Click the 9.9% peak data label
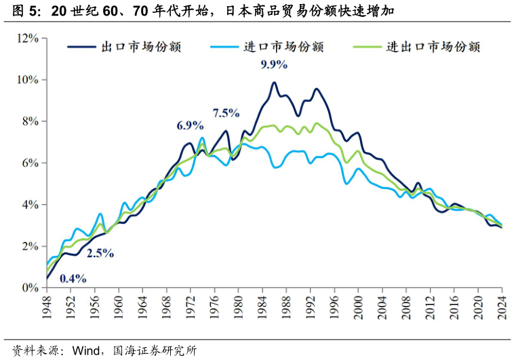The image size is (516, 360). coord(274,65)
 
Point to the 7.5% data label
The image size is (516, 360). coord(226,113)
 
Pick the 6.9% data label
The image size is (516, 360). coord(190,125)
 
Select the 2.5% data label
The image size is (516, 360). coord(100,254)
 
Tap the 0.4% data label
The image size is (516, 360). coord(73,278)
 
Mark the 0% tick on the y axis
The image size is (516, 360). coord(30,288)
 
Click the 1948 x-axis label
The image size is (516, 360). coord(47,306)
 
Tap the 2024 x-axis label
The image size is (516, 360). coord(502,306)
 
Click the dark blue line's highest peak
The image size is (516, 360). coord(274,83)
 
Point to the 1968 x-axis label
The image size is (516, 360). coord(167,306)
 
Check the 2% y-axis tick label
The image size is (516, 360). coord(30,247)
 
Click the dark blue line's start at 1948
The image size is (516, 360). coord(47,278)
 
